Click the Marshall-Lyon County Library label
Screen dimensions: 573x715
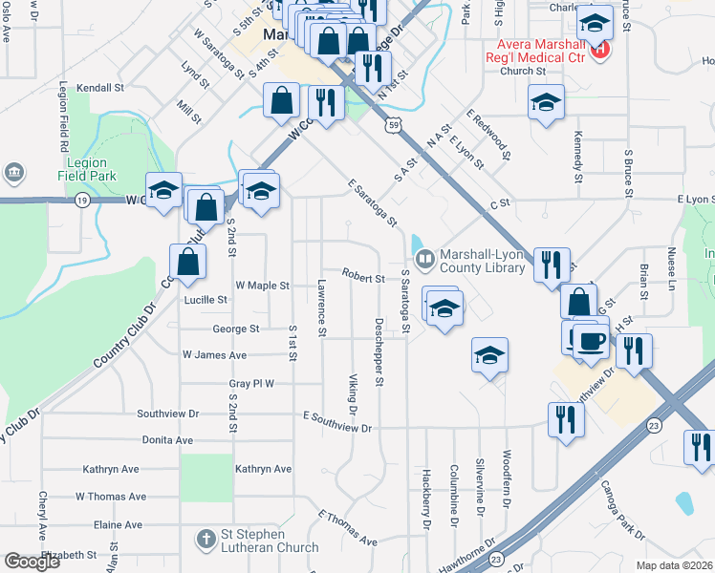pyautogui.click(x=483, y=262)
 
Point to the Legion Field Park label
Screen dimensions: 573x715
pyautogui.click(x=82, y=169)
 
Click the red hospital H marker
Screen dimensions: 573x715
pyautogui.click(x=600, y=50)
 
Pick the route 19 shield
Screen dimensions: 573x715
pyautogui.click(x=83, y=200)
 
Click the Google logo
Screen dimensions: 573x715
pyautogui.click(x=32, y=562)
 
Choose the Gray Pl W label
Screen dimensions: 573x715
pyautogui.click(x=251, y=384)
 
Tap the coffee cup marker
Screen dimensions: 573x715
pyautogui.click(x=590, y=340)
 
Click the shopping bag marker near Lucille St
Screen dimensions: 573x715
pyautogui.click(x=188, y=264)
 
